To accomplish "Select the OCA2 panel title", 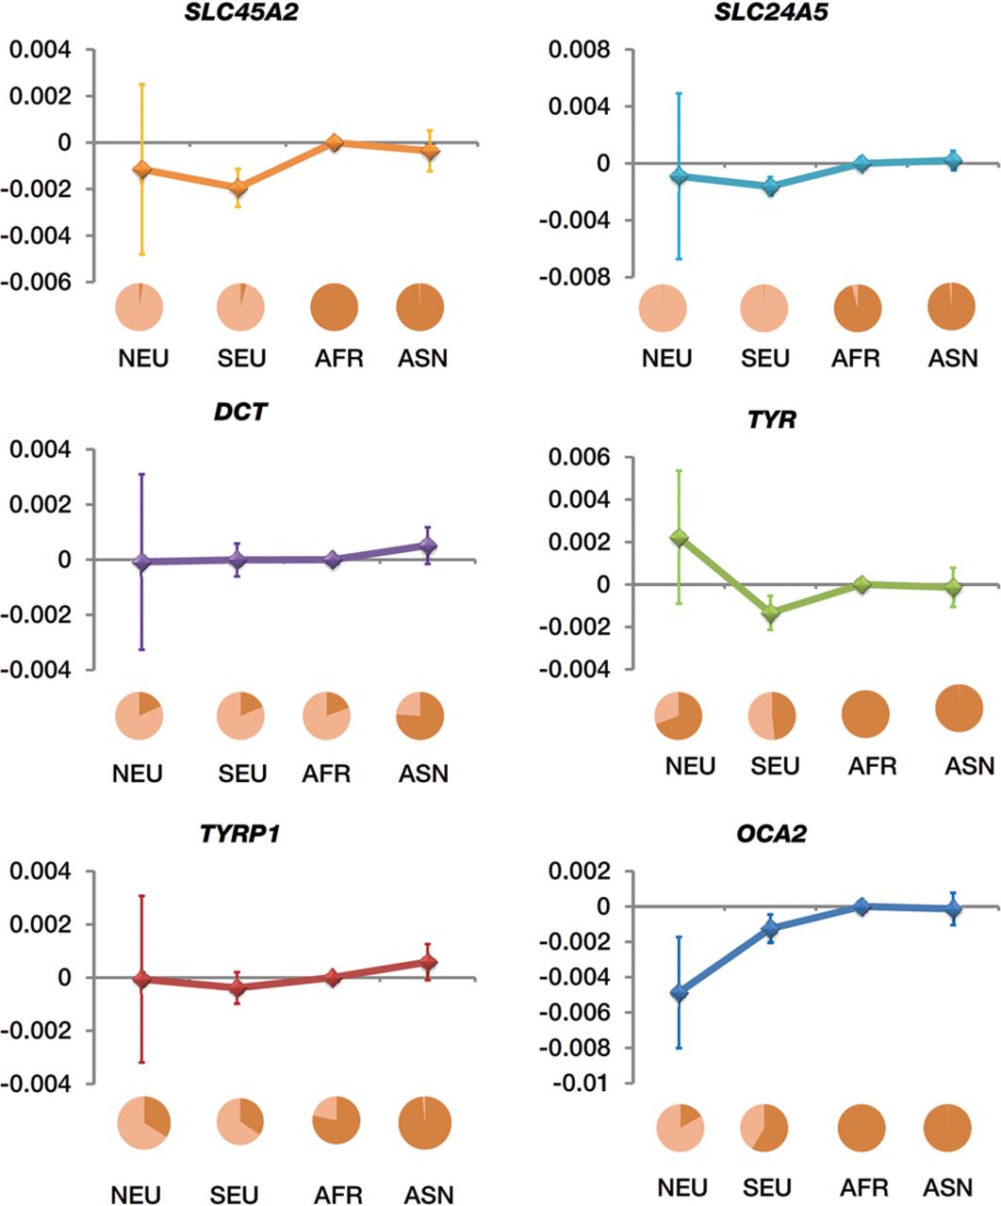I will pyautogui.click(x=771, y=834).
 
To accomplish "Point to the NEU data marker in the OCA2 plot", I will pyautogui.click(x=678, y=992).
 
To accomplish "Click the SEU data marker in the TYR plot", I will pyautogui.click(x=771, y=613).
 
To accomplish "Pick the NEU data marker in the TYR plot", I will pyautogui.click(x=678, y=538).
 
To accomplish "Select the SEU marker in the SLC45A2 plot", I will pyautogui.click(x=238, y=187).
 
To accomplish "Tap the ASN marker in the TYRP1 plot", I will pyautogui.click(x=428, y=962).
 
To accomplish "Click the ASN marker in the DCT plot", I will pyautogui.click(x=428, y=546).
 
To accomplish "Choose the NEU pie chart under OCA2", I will pyautogui.click(x=680, y=1127).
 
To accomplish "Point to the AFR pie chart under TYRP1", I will pyautogui.click(x=336, y=1121).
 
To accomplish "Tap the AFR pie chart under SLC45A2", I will pyautogui.click(x=336, y=307).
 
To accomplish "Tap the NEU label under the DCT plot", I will pyautogui.click(x=138, y=774).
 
